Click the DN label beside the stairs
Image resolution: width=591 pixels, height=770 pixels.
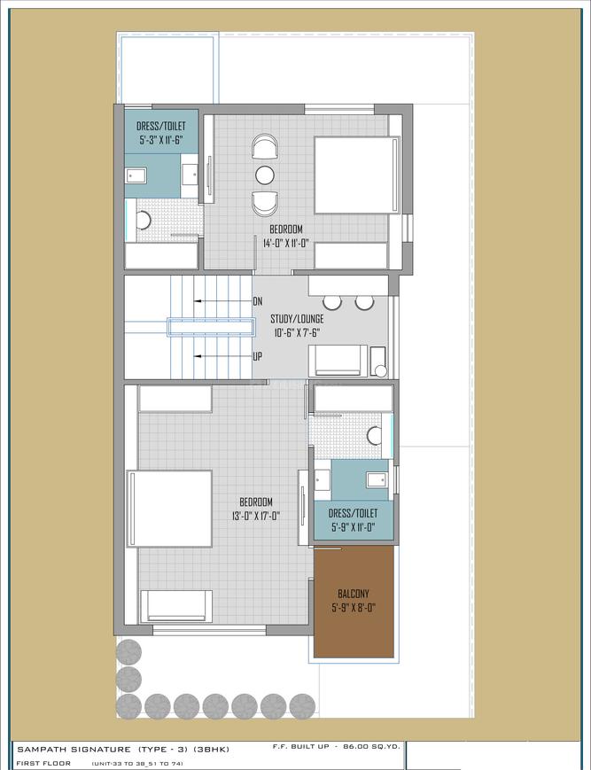(x=258, y=301)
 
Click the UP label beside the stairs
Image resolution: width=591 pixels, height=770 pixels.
(x=258, y=356)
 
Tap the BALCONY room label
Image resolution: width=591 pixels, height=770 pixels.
(x=354, y=594)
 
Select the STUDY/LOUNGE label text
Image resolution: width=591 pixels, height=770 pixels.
(x=298, y=318)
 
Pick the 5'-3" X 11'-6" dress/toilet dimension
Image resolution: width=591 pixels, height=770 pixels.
(x=161, y=141)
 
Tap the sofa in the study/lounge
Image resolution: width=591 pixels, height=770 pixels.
(x=337, y=361)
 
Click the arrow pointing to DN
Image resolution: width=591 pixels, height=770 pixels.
(x=222, y=301)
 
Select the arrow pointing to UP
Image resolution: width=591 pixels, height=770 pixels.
(x=222, y=356)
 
